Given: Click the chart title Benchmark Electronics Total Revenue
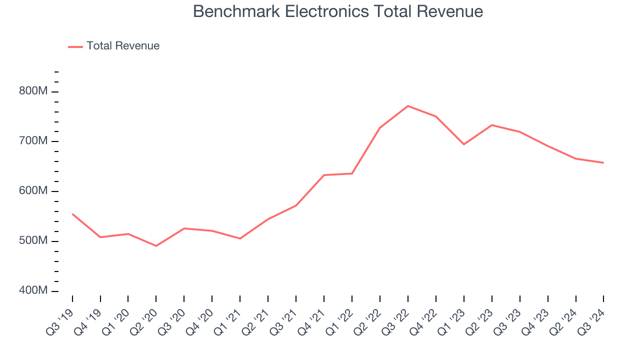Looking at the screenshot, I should click(x=338, y=11).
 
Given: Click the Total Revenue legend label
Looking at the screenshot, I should click(x=122, y=46).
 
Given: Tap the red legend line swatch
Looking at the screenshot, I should click(x=75, y=46).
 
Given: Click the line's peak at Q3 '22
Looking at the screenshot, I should click(x=408, y=106).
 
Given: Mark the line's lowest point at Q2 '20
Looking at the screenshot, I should click(x=156, y=246).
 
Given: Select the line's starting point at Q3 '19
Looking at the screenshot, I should click(x=72, y=214).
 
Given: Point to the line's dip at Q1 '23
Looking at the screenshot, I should click(x=464, y=144).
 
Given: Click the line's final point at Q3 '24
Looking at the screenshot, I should click(x=603, y=162).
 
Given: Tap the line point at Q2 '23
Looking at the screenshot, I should click(x=492, y=125).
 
